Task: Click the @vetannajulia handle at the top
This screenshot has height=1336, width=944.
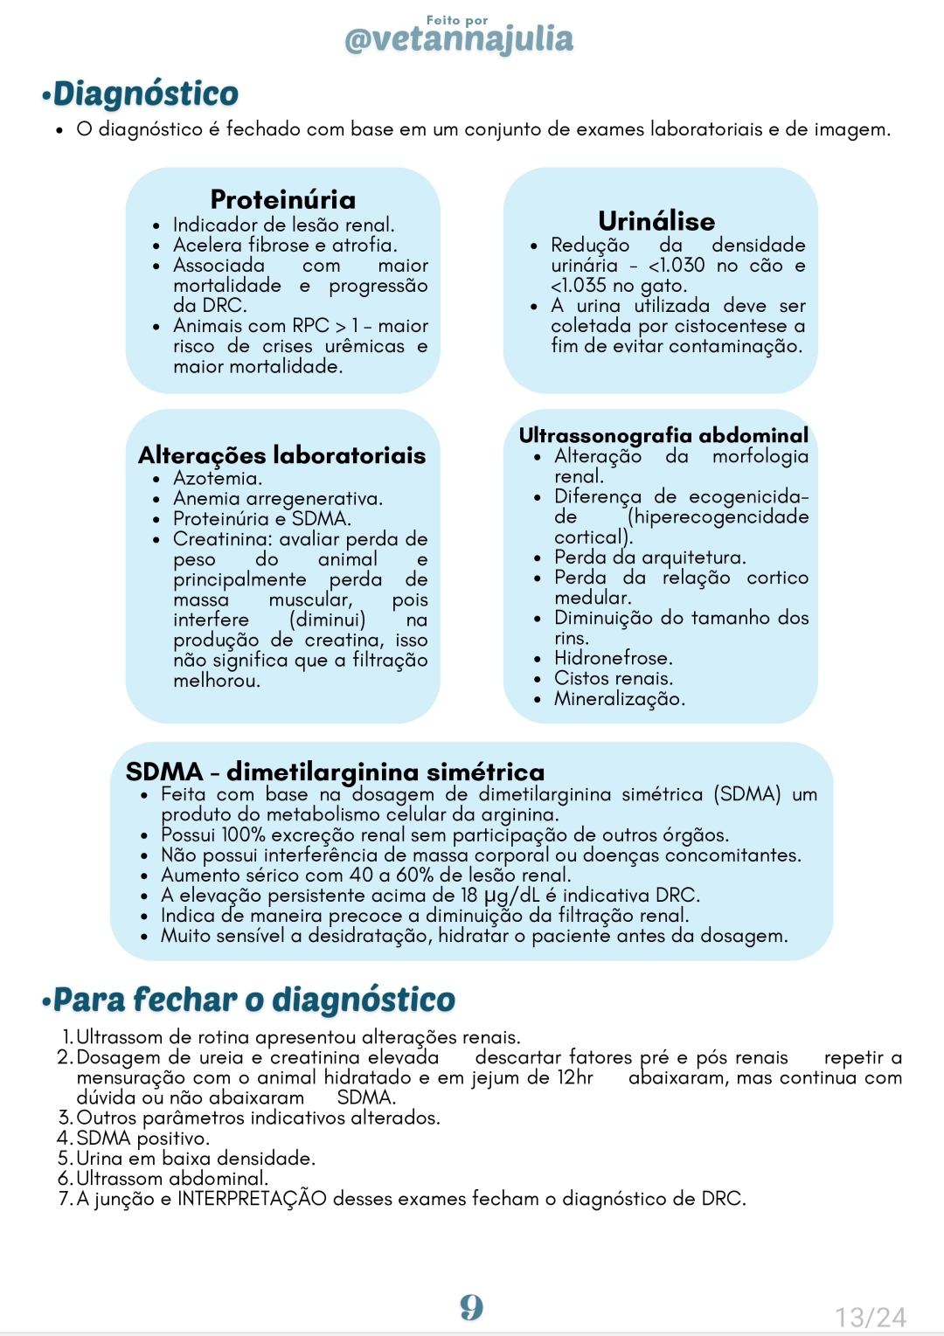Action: pos(459,39)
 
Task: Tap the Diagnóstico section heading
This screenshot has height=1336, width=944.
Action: pos(145,93)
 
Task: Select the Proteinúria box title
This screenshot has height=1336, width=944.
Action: pos(282,199)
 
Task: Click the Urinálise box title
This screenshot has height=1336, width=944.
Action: pos(656,221)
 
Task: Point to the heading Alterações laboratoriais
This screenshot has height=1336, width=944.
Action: pos(281,455)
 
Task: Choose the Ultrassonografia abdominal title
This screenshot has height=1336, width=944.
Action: pos(663,435)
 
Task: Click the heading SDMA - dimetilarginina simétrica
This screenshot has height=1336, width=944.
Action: pos(335,772)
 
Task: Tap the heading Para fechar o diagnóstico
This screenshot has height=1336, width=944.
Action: pos(253,1000)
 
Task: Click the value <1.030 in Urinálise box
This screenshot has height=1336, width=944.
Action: pos(676,266)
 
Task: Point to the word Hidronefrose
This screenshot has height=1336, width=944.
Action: pos(613,658)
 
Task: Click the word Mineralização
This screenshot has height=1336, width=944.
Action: pos(619,699)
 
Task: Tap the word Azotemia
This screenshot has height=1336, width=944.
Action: pos(217,479)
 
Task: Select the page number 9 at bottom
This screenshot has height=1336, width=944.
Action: pos(472,1307)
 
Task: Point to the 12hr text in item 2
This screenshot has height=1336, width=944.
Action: pos(575,1077)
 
